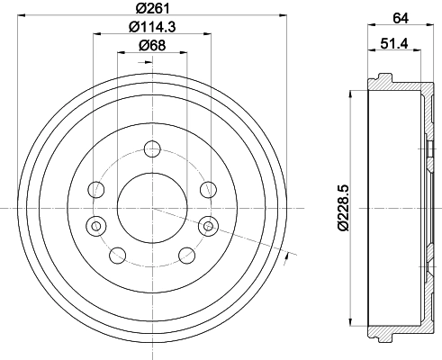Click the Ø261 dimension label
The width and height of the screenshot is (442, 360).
click(151, 10)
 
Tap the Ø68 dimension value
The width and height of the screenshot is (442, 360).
click(150, 47)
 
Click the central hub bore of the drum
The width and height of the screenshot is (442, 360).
click(151, 207)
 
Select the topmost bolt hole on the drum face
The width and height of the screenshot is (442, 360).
click(151, 149)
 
